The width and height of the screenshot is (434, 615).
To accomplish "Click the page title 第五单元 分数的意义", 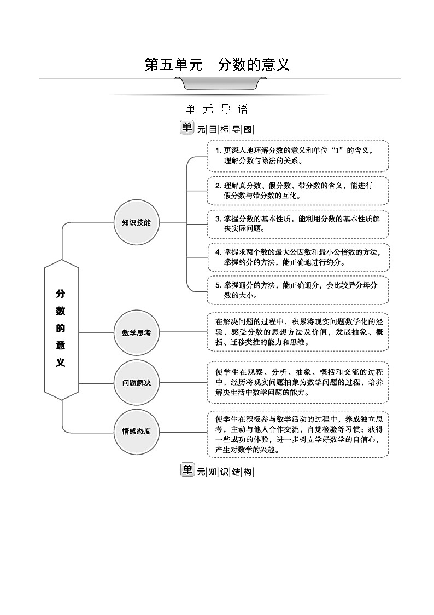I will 217,65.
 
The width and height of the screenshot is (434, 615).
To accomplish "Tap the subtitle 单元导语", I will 217,109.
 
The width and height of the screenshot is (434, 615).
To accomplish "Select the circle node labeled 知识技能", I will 136,222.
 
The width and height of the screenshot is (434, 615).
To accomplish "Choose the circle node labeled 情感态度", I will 136,431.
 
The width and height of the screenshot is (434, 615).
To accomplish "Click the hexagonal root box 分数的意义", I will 61,328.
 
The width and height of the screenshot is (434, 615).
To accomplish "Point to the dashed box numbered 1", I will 297,156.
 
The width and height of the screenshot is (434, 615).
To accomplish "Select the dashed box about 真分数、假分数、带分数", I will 297,191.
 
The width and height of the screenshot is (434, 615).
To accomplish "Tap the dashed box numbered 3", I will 297,224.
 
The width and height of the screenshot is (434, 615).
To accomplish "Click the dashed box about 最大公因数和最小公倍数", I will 297,257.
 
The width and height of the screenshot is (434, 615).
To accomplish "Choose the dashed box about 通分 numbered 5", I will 297,290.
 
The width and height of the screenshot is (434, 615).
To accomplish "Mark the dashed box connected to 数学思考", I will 297,331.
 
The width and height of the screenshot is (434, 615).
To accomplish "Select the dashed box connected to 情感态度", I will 297,434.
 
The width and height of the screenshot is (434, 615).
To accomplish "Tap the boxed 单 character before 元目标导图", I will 187,128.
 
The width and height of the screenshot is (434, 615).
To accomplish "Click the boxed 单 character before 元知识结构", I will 187,470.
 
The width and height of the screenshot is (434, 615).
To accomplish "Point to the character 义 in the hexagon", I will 61,363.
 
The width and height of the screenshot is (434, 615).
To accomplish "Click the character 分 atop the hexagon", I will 61,294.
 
